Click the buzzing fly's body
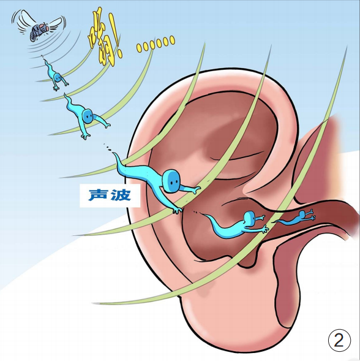37,32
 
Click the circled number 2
339,340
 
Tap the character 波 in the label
121,195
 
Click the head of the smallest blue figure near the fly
58,77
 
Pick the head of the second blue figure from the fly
88,116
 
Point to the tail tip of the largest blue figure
114,154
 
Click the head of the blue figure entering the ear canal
249,218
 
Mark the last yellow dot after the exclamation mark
172,40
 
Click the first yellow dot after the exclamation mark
139,47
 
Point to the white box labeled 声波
110,196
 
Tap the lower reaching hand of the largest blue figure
177,210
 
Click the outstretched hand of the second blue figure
107,125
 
